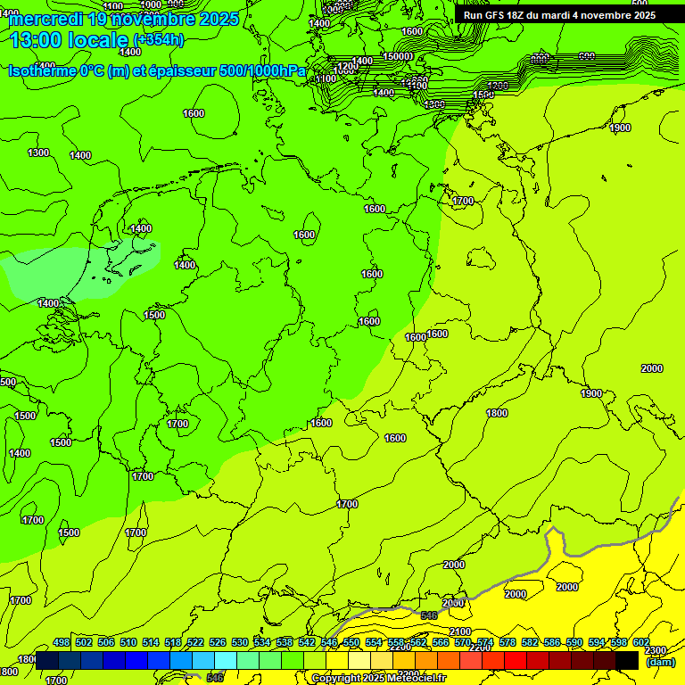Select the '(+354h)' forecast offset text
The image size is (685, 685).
coord(159,40)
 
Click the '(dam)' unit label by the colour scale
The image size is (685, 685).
coord(660,662)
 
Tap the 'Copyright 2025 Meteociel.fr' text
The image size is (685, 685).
coord(379,679)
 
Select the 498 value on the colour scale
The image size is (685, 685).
coord(62,643)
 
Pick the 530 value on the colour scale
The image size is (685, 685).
coord(240,643)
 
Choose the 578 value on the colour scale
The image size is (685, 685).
coord(507,643)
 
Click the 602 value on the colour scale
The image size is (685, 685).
coord(640,643)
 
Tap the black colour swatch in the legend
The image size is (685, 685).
coord(627,660)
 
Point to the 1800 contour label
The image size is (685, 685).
coord(497,413)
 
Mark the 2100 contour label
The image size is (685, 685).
coord(461,631)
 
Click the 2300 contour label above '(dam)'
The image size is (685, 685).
coord(655,650)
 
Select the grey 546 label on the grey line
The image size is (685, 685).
coord(429,615)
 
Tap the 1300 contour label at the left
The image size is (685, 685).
coord(38,153)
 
